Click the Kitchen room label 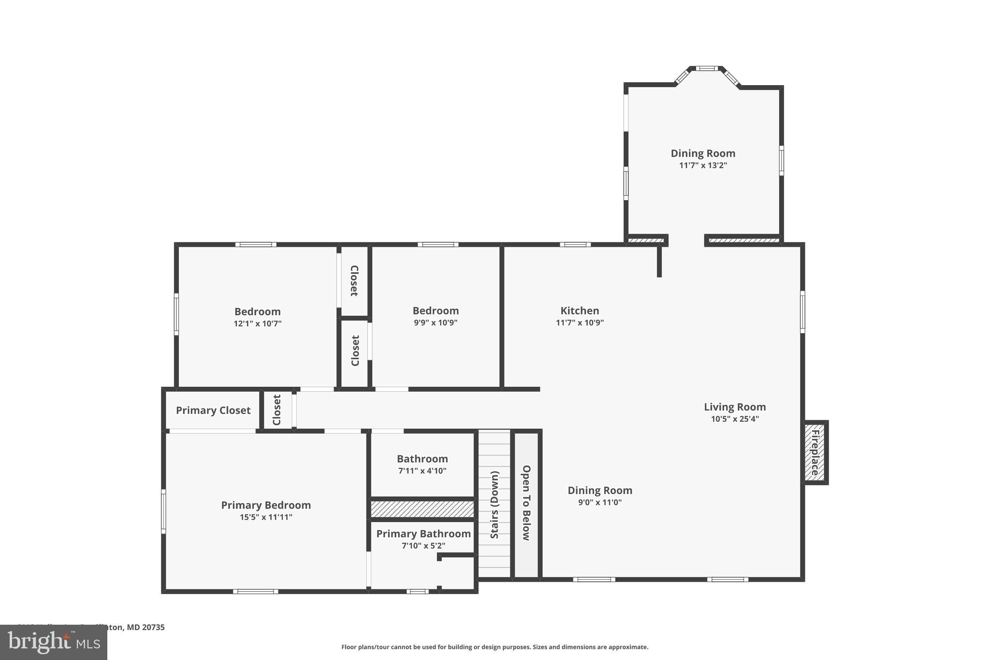click(x=580, y=311)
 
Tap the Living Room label click(x=735, y=407)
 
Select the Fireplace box click(x=815, y=453)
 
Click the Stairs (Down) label click(x=495, y=505)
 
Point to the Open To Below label click(x=526, y=503)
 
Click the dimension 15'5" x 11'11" click(x=266, y=517)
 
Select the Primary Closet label click(x=213, y=411)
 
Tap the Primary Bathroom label click(x=423, y=534)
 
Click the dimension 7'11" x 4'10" click(x=422, y=471)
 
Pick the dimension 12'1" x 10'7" click(x=257, y=324)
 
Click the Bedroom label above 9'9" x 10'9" click(x=436, y=311)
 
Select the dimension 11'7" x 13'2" click(x=703, y=165)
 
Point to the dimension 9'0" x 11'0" click(x=599, y=502)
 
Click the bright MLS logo click(x=54, y=643)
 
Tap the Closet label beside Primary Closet click(x=277, y=410)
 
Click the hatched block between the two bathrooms click(x=422, y=509)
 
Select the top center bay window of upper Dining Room click(x=707, y=69)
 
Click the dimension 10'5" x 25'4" click(x=735, y=419)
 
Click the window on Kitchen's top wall click(x=575, y=245)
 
